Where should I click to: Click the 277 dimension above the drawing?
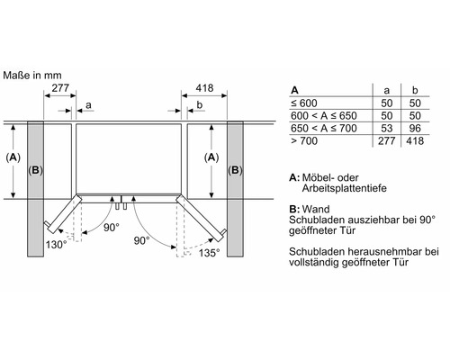(x=60, y=88)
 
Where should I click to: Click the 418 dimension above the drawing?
(x=204, y=88)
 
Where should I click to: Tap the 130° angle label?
(x=56, y=245)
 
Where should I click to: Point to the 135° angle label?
(x=209, y=253)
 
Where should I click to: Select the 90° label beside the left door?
(x=112, y=228)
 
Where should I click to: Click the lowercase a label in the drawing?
(x=88, y=105)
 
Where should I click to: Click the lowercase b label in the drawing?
(x=200, y=104)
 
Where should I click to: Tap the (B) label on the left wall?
(x=35, y=170)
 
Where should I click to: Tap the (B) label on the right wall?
(x=235, y=170)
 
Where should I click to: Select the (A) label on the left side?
(x=13, y=157)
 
